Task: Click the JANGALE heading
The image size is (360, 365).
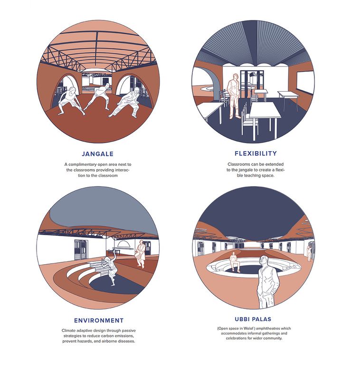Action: tap(98, 154)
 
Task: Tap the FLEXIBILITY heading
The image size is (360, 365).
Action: tap(256, 154)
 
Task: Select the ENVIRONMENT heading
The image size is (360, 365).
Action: tap(99, 320)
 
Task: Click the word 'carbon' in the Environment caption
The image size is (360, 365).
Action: tap(106, 336)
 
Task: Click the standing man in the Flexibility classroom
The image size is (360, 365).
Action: tap(233, 96)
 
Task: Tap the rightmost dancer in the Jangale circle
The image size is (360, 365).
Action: tap(125, 103)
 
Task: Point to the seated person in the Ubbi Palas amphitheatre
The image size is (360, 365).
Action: tap(235, 262)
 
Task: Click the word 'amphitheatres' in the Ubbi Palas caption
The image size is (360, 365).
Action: tap(267, 328)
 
